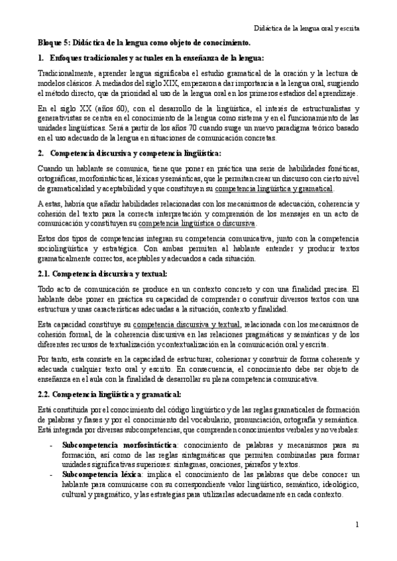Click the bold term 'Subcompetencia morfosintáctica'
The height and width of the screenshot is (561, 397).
(110, 445)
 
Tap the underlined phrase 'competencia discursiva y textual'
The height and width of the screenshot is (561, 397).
(187, 325)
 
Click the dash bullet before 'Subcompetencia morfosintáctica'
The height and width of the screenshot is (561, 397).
(52, 445)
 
